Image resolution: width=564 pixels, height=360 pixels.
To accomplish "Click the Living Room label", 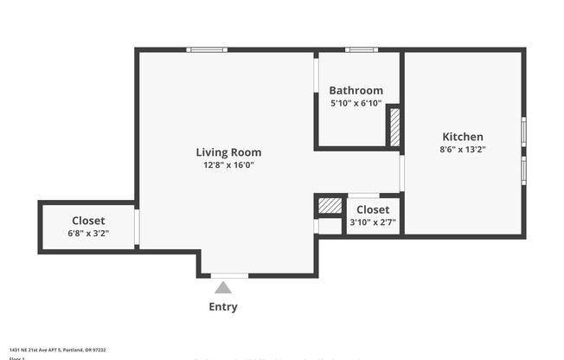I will pyautogui.click(x=228, y=152).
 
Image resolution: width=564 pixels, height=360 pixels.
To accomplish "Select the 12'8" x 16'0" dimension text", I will pyautogui.click(x=228, y=164).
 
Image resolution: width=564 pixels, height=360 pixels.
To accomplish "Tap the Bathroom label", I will pyautogui.click(x=356, y=90).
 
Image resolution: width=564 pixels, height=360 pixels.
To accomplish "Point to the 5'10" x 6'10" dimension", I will pyautogui.click(x=356, y=102).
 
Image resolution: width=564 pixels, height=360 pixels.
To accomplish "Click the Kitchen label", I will pyautogui.click(x=463, y=137).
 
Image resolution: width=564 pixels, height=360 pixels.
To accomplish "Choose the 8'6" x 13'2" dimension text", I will pyautogui.click(x=463, y=149).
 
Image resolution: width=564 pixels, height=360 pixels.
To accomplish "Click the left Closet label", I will pyautogui.click(x=88, y=221).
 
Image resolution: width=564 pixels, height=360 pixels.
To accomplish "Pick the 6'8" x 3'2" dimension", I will pyautogui.click(x=88, y=233).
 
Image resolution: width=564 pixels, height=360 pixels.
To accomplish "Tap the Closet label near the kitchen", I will pyautogui.click(x=373, y=209).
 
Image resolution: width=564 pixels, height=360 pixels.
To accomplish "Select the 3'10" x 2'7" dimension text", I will pyautogui.click(x=373, y=222).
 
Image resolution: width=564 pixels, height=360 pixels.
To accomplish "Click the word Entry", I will pyautogui.click(x=223, y=306).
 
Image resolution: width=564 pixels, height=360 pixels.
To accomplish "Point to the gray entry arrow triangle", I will pyautogui.click(x=223, y=287).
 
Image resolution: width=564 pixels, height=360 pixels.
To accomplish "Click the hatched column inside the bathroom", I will pyautogui.click(x=394, y=126).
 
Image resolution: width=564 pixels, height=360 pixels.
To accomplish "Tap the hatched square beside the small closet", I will pyautogui.click(x=330, y=206).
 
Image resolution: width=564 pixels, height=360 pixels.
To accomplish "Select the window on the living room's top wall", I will pyautogui.click(x=208, y=49).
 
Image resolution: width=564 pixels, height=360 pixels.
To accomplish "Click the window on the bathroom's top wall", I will pyautogui.click(x=361, y=49).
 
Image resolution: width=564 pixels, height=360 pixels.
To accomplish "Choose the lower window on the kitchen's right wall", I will pyautogui.click(x=523, y=170).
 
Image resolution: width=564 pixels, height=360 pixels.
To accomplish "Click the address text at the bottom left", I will pyautogui.click(x=57, y=350).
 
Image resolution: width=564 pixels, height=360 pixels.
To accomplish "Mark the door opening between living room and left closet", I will pyautogui.click(x=137, y=226).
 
